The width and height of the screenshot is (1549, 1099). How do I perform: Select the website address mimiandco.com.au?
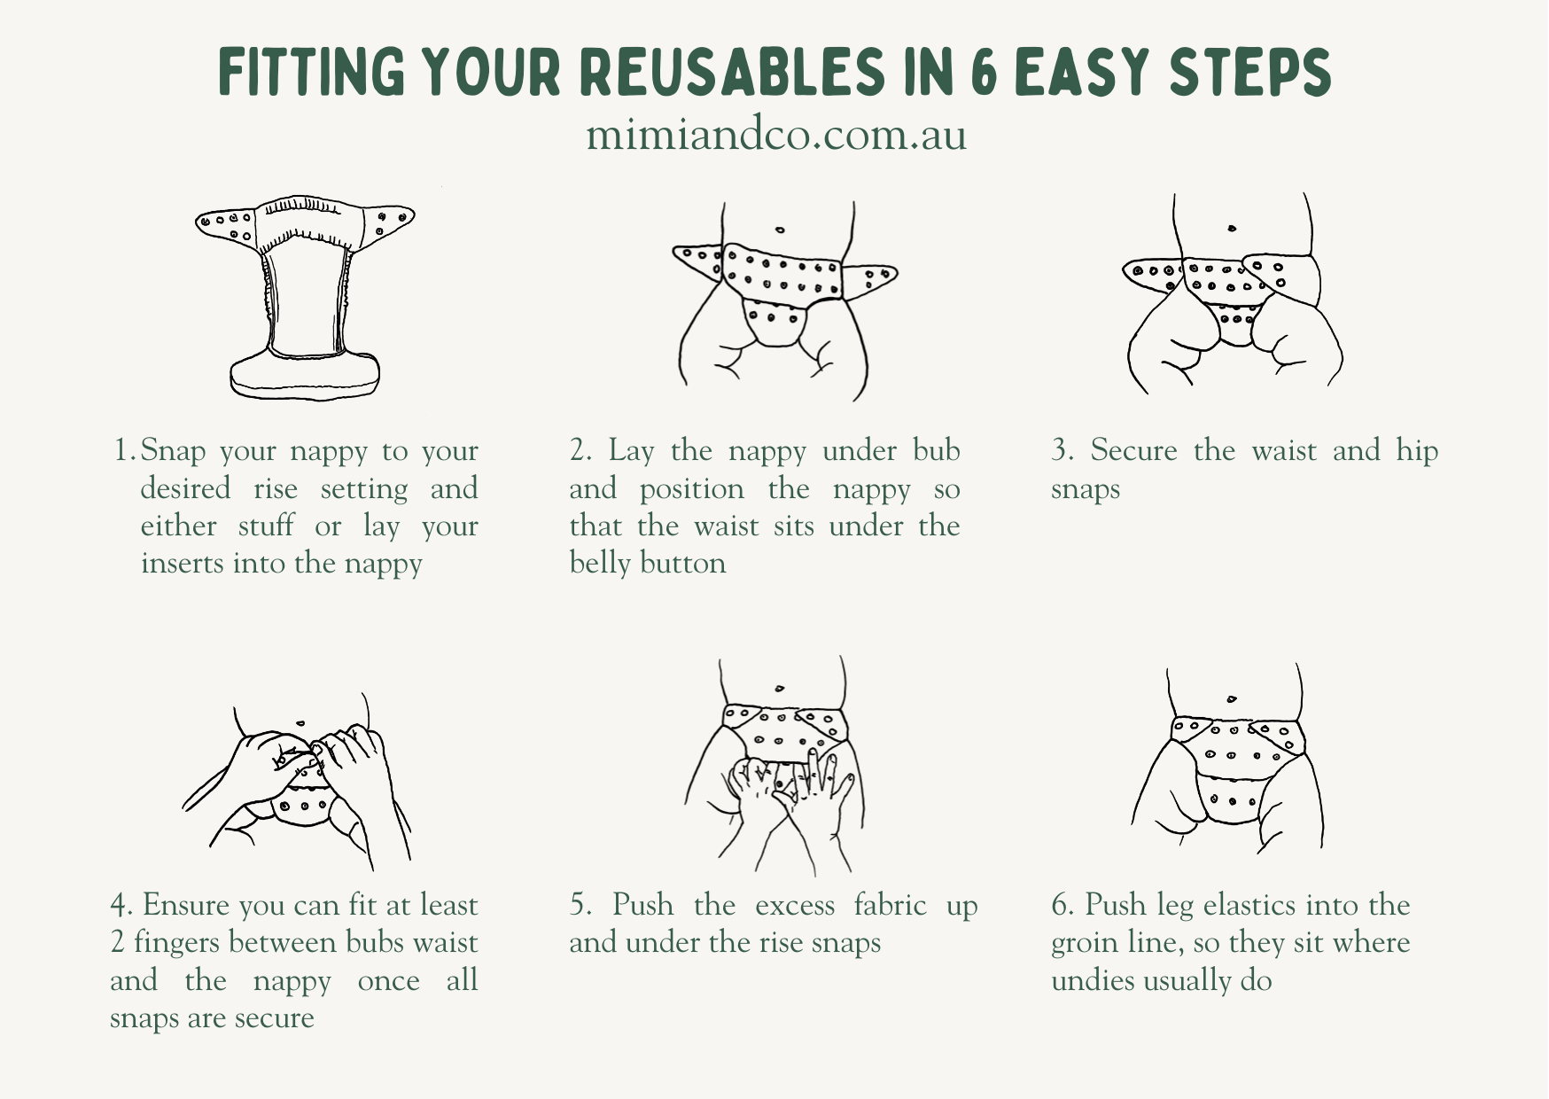pos(776,136)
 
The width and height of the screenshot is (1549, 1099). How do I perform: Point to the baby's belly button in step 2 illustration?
pos(780,230)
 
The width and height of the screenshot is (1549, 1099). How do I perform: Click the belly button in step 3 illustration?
pos(1232,229)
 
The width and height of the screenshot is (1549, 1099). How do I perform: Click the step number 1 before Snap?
pos(123,450)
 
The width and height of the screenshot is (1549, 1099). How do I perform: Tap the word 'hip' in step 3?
pos(1417,452)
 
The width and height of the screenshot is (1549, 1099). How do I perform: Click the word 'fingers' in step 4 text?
pos(176,943)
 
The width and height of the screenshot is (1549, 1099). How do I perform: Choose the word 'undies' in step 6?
pos(1092,980)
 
